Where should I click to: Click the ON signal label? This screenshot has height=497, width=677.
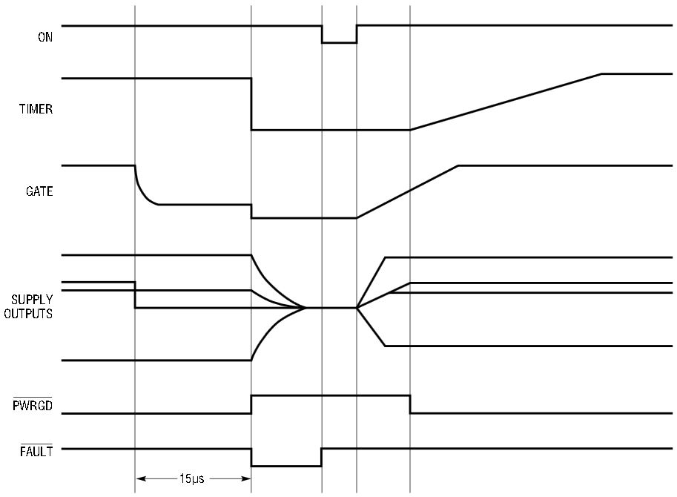tap(45, 37)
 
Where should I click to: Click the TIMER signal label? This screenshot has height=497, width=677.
tap(36, 109)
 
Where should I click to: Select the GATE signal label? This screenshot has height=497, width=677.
tap(39, 191)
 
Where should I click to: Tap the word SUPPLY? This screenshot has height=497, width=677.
tap(32, 300)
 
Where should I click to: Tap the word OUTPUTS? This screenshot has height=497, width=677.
tap(28, 314)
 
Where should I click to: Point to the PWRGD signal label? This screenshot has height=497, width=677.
tap(33, 406)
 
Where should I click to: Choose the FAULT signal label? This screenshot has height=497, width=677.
tap(36, 452)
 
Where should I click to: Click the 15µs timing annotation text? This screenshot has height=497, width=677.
tap(192, 478)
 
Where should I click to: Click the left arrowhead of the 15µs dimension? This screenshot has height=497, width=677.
tap(141, 478)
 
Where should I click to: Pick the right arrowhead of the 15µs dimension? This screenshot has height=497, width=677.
tap(246, 478)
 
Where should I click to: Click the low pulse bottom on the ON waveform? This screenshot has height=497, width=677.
tap(340, 43)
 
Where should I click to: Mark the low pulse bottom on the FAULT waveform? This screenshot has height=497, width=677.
tap(286, 467)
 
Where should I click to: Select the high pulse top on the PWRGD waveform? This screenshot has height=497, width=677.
tap(331, 395)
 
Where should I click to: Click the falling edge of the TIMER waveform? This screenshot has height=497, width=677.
tap(251, 104)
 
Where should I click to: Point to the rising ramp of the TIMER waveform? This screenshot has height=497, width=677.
tap(506, 102)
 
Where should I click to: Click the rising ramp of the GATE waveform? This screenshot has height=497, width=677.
tap(407, 191)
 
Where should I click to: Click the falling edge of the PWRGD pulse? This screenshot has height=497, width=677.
tap(410, 404)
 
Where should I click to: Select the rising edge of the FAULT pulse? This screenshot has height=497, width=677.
tap(322, 458)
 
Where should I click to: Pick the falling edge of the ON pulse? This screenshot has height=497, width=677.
tap(322, 34)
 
